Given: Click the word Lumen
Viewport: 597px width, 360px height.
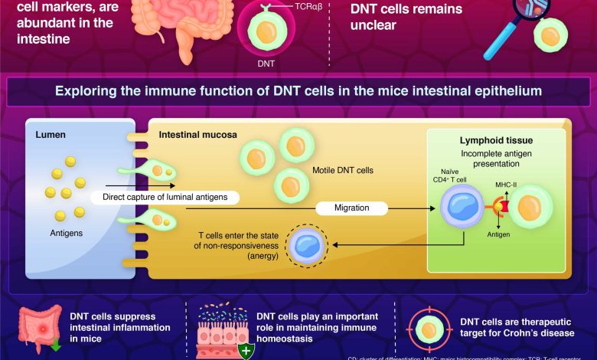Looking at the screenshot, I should [51, 136].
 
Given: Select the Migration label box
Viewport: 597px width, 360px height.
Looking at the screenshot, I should [352, 208].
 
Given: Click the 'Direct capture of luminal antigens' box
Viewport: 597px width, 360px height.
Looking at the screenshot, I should [165, 197].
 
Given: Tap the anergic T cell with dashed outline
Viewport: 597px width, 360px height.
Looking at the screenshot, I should [306, 247].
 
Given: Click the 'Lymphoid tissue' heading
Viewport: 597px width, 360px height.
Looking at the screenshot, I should [495, 141].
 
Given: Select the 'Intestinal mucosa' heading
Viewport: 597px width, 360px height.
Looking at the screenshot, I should [197, 135].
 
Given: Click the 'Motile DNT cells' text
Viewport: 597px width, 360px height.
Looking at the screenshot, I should [343, 170].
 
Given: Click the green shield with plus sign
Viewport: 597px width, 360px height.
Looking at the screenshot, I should [246, 351].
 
